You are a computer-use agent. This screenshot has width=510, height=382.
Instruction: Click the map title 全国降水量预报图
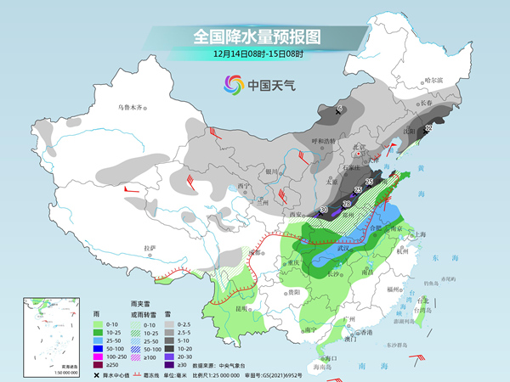pyautogui.click(x=254, y=37)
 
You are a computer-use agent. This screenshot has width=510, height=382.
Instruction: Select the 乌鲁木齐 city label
pyautogui.click(x=132, y=109)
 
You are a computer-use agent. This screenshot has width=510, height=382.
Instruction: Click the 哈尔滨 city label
pyautogui.click(x=433, y=80)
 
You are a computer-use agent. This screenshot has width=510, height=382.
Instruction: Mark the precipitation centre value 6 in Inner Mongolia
pyautogui.click(x=340, y=110)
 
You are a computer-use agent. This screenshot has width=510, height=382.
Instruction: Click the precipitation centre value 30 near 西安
pyautogui.click(x=324, y=208)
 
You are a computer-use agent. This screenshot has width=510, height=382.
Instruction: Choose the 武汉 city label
pyautogui.click(x=343, y=248)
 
